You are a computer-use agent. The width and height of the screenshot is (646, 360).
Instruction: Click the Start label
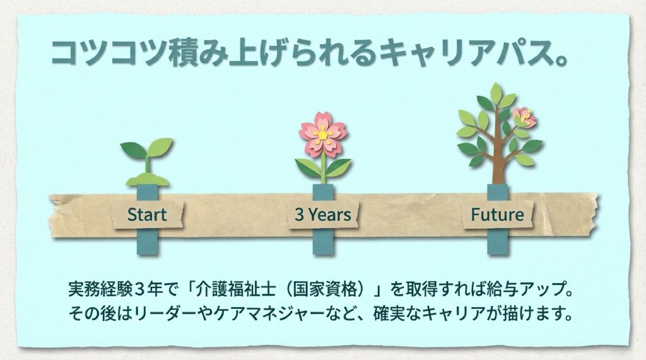[x=147, y=214]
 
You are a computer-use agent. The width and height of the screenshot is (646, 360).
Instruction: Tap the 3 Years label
[x=322, y=214]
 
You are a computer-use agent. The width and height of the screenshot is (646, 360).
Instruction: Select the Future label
[x=497, y=214]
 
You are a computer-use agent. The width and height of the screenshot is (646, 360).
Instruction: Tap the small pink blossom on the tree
[x=524, y=117]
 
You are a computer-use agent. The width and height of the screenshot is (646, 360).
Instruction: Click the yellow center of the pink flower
[x=322, y=133]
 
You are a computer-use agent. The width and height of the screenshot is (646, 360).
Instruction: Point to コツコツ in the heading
[x=107, y=53]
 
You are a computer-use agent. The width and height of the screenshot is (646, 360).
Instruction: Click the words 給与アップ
[x=523, y=291]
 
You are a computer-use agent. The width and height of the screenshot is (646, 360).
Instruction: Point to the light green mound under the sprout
[x=147, y=181]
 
